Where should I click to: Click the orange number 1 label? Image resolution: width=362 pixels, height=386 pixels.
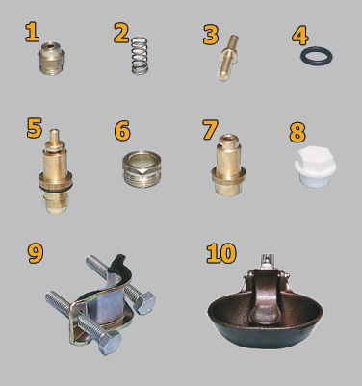(33, 33)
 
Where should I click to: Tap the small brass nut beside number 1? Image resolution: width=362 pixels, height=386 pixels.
(51, 59)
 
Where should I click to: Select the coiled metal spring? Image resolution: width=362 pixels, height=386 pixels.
(140, 56)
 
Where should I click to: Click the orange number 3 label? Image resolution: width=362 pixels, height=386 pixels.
(211, 35)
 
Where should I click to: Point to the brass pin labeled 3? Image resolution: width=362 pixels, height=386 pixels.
(228, 58)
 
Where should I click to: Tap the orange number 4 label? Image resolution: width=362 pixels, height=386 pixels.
(300, 35)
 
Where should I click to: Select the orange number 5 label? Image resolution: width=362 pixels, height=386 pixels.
(35, 129)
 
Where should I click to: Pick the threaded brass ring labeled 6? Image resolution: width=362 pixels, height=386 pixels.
(142, 169)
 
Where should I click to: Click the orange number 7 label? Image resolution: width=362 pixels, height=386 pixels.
(211, 130)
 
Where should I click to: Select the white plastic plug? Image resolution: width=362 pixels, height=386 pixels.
(315, 167)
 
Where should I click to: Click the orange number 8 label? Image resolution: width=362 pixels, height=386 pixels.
(297, 133)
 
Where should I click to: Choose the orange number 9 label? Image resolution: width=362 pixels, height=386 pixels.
(36, 254)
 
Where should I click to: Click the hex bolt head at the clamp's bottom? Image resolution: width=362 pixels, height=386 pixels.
(110, 342)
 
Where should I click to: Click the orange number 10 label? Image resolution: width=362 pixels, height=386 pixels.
(221, 253)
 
